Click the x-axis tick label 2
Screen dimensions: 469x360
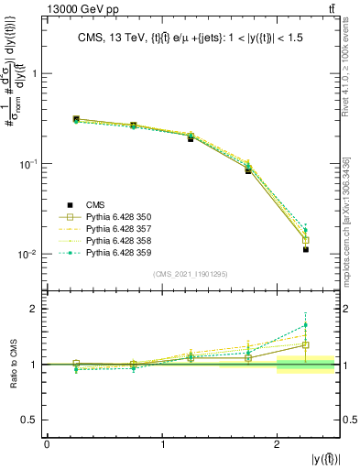[x=278, y=443]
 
